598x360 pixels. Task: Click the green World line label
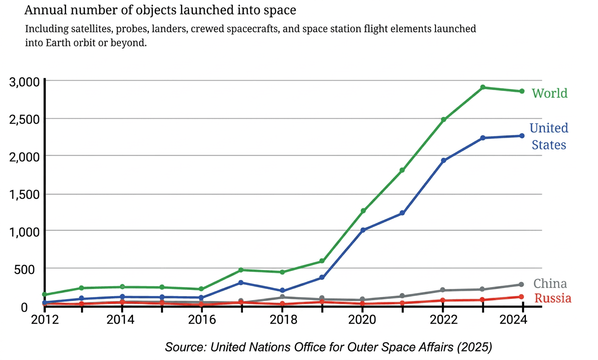(549, 93)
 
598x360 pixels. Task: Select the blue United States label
(549, 136)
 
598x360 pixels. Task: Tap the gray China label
(550, 283)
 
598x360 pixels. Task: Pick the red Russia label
(553, 298)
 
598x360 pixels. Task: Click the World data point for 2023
(483, 87)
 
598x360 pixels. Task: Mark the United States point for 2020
(363, 230)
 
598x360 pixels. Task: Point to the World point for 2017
(241, 270)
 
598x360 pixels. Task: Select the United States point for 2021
(402, 213)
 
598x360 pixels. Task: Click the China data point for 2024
(521, 284)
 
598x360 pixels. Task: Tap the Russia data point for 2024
(521, 297)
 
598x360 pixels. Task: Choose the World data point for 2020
(363, 211)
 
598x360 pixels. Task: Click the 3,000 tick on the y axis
(24, 82)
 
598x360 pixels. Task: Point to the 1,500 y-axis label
(24, 195)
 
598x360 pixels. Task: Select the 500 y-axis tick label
(24, 270)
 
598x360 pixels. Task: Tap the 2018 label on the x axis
(283, 319)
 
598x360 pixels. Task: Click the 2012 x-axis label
(45, 319)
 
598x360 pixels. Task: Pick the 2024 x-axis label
(513, 319)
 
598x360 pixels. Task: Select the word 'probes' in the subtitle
(132, 29)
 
